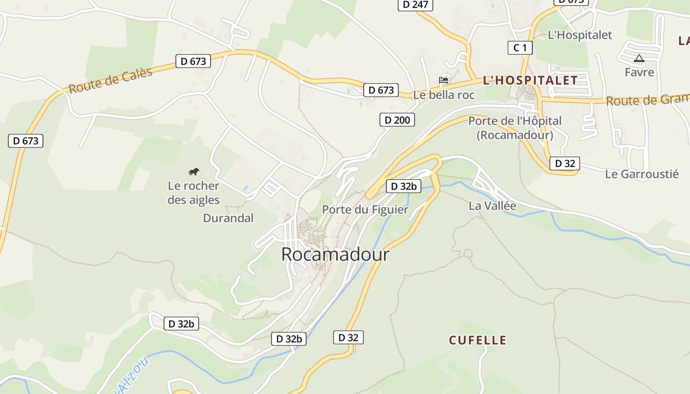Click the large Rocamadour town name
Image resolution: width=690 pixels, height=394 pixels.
[x=335, y=255]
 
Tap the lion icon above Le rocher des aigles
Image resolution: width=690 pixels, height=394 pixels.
[x=194, y=171]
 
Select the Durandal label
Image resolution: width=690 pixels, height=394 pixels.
[x=228, y=218]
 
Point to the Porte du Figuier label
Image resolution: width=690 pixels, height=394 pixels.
[x=365, y=210]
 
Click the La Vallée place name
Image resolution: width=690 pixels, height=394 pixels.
[x=492, y=206]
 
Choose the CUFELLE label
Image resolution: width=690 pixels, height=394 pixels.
[x=477, y=340]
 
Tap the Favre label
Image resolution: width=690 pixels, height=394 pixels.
[x=639, y=72]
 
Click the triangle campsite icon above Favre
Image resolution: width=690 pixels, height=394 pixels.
[x=639, y=59]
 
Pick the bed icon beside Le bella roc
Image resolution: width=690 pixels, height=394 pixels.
[x=444, y=80]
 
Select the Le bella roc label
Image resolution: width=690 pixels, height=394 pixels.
[x=444, y=95]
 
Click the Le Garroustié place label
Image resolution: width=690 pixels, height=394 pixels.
[x=642, y=174]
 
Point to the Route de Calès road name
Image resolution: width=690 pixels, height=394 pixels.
[x=110, y=81]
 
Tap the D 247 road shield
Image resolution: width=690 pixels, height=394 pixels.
[x=415, y=5]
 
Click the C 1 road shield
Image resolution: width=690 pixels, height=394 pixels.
[x=520, y=48]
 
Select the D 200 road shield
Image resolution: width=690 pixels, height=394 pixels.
[x=397, y=120]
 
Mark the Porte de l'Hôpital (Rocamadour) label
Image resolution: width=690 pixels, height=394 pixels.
[x=515, y=128]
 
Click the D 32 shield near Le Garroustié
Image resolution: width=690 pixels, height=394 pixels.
[x=564, y=164]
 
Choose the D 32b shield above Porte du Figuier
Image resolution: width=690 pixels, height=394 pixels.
[x=403, y=186]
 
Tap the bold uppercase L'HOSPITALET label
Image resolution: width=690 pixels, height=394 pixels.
[x=530, y=80]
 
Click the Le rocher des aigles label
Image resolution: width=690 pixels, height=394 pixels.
[x=193, y=193]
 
